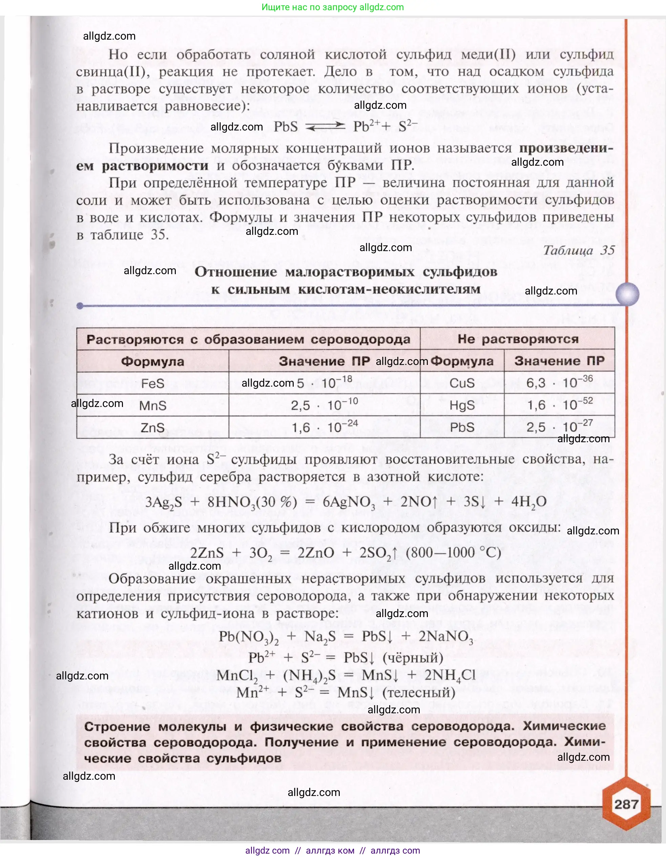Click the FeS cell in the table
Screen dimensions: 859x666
coord(152,383)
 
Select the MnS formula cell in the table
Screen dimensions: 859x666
coord(152,406)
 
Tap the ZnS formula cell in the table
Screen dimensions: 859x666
coord(152,428)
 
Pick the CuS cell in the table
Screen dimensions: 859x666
coord(462,383)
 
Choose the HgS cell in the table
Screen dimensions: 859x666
coord(462,405)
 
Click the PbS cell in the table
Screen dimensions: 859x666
coord(462,427)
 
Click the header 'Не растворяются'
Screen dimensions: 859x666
coord(518,339)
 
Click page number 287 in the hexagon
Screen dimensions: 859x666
coord(626,804)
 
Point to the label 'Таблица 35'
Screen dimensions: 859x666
coord(579,250)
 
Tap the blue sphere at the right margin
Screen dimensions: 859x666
coord(627,294)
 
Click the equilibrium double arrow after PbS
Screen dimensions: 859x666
coord(325,127)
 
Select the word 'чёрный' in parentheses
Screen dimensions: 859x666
coord(413,658)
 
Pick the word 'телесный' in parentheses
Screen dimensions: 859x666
coord(419,692)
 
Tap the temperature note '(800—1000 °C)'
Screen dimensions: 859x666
coord(453,553)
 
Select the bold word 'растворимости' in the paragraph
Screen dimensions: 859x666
coord(155,166)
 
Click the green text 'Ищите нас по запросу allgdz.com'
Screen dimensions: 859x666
coord(333,7)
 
